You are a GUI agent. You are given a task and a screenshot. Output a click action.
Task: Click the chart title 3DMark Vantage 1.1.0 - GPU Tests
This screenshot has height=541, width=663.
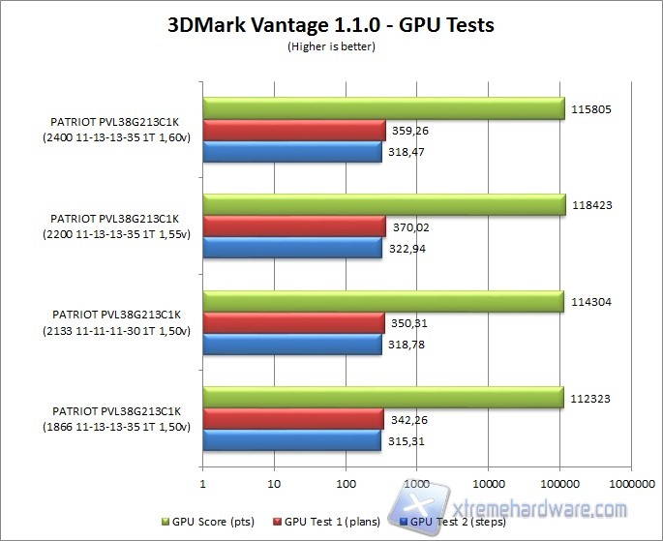pyautogui.click(x=332, y=24)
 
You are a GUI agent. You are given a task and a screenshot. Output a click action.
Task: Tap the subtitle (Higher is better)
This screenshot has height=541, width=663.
pyautogui.click(x=331, y=45)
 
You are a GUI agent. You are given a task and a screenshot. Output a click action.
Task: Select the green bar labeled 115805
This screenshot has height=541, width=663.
pyautogui.click(x=383, y=108)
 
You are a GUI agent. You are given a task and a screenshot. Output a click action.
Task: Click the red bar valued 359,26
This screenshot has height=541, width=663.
pyautogui.click(x=294, y=131)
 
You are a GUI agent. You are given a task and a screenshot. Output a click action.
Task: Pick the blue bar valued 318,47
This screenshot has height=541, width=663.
pyautogui.click(x=292, y=152)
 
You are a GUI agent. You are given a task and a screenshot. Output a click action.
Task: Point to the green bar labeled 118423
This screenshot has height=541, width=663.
pyautogui.click(x=383, y=205)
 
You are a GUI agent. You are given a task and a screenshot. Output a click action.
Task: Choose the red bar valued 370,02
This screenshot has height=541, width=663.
pyautogui.click(x=294, y=227)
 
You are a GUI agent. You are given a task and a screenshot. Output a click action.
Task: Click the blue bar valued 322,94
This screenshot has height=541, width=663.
pyautogui.click(x=292, y=249)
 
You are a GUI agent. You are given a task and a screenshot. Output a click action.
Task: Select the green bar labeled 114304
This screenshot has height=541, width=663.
pyautogui.click(x=383, y=302)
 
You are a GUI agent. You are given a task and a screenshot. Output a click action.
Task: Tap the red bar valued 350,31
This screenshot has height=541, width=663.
pyautogui.click(x=293, y=324)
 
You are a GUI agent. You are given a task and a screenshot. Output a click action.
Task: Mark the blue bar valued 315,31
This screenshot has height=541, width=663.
pyautogui.click(x=291, y=442)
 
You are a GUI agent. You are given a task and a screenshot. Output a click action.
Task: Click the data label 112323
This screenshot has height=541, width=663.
pyautogui.click(x=591, y=398)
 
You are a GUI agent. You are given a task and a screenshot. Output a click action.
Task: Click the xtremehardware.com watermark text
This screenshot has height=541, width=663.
pyautogui.click(x=542, y=510)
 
